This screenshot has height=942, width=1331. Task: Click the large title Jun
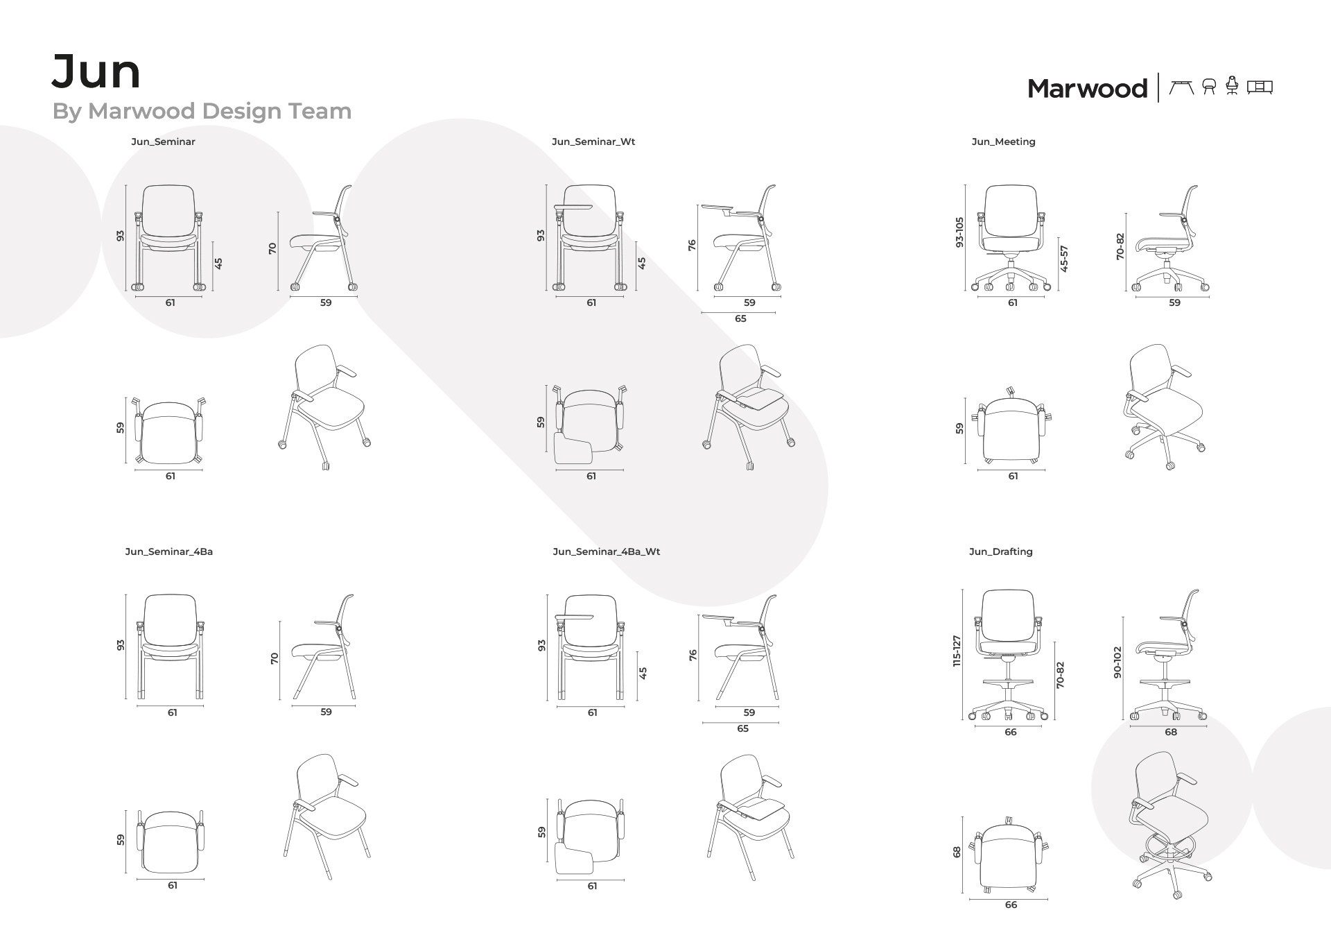coord(96,72)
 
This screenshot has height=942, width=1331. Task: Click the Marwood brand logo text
coord(1087,89)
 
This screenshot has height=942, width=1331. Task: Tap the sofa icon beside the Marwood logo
coord(1260,87)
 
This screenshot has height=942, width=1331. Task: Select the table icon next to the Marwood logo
coord(1181,87)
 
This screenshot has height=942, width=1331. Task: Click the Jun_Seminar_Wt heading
coord(593,142)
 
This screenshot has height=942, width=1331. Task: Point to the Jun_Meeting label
coord(1003,142)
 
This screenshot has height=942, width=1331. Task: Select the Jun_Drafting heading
coord(1000,552)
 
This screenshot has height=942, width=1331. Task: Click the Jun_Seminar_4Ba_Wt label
coord(606,552)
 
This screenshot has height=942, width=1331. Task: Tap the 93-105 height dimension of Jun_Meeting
coord(959,232)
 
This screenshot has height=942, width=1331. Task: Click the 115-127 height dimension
coord(957,651)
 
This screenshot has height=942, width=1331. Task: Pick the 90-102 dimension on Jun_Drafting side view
coord(1117,662)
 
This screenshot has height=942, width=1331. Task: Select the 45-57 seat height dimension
coord(1065,258)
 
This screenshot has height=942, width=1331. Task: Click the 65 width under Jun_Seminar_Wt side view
coord(740,319)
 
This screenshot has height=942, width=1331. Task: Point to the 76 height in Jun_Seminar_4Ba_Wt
coord(693,655)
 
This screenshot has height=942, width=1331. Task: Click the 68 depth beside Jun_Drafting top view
coord(957,852)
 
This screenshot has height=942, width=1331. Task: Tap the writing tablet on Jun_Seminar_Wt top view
coord(573,449)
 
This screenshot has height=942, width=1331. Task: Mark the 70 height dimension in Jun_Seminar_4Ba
coord(275,658)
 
